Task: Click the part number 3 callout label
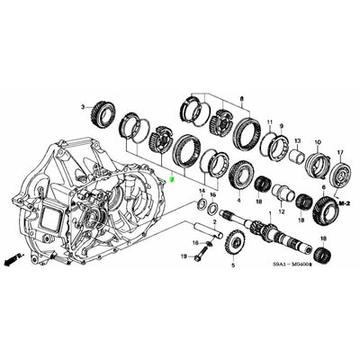point(82,106)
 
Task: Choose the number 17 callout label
point(339,130)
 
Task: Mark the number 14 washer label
point(202,192)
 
